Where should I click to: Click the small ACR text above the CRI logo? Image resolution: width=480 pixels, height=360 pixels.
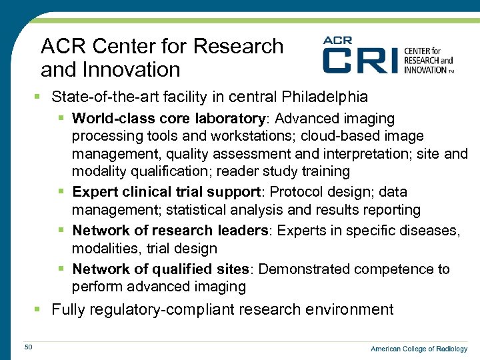click(337, 40)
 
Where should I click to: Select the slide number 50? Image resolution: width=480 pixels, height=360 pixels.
click(28, 347)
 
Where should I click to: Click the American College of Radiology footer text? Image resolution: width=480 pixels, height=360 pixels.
click(419, 349)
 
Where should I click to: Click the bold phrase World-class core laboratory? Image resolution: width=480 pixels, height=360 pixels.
click(167, 119)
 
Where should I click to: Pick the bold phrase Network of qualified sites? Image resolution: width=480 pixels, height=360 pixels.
click(160, 269)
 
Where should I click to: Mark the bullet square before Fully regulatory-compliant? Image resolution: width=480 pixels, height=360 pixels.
click(42, 309)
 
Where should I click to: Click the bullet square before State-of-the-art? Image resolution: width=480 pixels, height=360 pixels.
click(42, 97)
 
